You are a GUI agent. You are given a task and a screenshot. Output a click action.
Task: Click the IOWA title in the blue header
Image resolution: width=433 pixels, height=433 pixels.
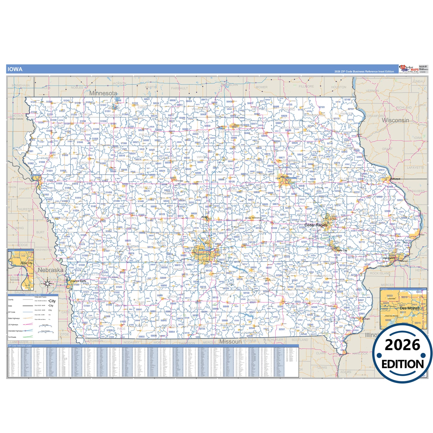[15, 69]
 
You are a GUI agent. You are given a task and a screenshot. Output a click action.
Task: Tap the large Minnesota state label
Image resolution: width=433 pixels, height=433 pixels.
[103, 93]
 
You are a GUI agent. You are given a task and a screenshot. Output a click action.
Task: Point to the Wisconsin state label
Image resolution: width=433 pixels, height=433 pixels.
[395, 120]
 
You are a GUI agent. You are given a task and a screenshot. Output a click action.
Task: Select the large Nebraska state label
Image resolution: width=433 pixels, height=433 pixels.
[50, 270]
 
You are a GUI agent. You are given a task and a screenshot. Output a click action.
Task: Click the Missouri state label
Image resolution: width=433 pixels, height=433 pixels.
[230, 342]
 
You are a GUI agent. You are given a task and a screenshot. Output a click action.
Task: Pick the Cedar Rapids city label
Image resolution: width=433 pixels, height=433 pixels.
[316, 225]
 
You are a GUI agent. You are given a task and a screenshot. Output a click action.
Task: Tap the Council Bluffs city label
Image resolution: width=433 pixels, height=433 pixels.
[78, 281]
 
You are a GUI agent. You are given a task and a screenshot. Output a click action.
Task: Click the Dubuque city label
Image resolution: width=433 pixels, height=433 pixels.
[395, 179]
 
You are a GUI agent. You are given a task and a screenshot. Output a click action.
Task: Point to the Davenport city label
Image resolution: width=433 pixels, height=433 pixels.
[389, 258]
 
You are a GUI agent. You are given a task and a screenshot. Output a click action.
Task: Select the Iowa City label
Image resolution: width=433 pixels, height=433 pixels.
[342, 250]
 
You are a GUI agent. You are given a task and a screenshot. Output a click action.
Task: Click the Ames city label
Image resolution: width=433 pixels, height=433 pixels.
[204, 217]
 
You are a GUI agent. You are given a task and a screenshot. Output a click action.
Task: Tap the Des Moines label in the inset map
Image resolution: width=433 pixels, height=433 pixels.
[410, 308]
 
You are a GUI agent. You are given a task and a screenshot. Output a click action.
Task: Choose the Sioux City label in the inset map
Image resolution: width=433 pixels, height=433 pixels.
[26, 263]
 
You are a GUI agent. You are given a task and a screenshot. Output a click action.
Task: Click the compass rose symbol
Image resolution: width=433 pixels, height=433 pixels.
[47, 283]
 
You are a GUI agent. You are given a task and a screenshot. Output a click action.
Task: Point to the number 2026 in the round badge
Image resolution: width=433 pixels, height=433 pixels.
[402, 345]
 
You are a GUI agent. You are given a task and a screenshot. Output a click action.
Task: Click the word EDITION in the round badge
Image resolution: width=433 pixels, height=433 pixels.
[402, 364]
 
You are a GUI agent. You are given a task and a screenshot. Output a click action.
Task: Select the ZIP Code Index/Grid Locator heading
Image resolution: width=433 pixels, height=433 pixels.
[20, 346]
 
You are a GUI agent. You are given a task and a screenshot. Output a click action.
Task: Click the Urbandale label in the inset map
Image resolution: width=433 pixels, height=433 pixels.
[391, 298]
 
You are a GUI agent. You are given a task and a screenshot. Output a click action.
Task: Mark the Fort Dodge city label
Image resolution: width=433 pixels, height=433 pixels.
[179, 181]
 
